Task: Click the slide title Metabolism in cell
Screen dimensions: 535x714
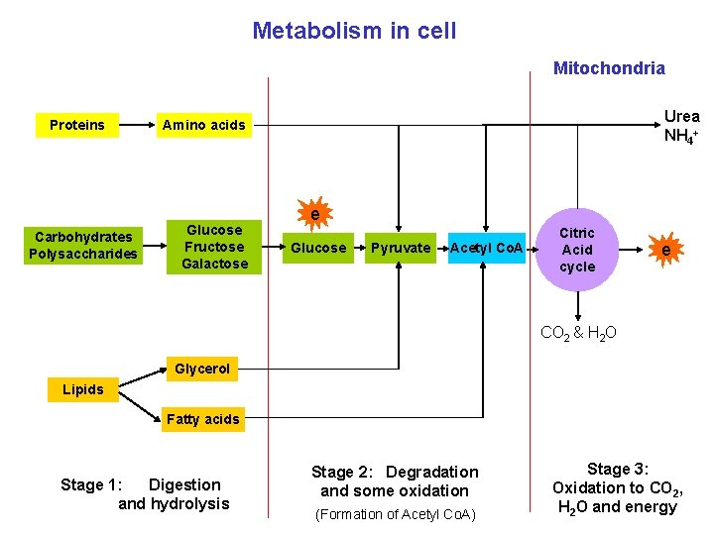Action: [x=354, y=31]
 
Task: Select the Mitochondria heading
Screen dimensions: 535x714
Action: [x=609, y=68]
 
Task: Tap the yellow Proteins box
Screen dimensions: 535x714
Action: [x=76, y=125]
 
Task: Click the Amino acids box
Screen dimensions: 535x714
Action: [x=203, y=125]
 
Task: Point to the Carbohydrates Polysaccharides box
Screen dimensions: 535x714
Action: [x=83, y=246]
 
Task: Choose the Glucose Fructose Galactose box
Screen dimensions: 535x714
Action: [x=214, y=247]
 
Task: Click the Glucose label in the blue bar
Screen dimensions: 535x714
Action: [x=318, y=248]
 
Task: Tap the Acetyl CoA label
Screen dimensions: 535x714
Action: [x=486, y=248]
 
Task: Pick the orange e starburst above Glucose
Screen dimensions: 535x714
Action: [x=314, y=214]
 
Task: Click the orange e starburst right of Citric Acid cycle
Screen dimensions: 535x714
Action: [x=665, y=251]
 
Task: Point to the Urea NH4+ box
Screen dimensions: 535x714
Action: [x=681, y=126]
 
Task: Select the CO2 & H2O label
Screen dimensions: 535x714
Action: [x=578, y=333]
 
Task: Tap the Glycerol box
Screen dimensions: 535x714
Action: [x=202, y=370]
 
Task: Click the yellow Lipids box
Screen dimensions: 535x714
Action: [x=82, y=389]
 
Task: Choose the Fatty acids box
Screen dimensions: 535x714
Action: [x=202, y=419]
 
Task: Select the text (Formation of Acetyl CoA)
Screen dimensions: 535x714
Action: [x=395, y=514]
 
